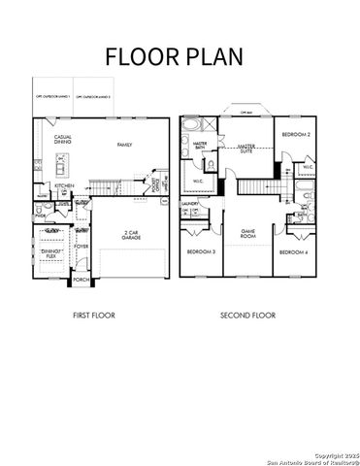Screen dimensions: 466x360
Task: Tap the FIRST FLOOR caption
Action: point(96,316)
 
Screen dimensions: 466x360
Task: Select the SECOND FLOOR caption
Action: point(247,316)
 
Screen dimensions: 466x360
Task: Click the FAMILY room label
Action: point(124,145)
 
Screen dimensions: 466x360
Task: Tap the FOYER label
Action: point(82,247)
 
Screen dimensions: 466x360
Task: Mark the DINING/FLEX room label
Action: point(51,253)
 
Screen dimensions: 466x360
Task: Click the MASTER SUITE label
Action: point(246,148)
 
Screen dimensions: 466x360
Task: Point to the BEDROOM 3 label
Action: point(201,251)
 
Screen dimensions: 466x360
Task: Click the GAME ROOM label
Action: point(247,234)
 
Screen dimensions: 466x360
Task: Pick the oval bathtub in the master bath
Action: point(190,126)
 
